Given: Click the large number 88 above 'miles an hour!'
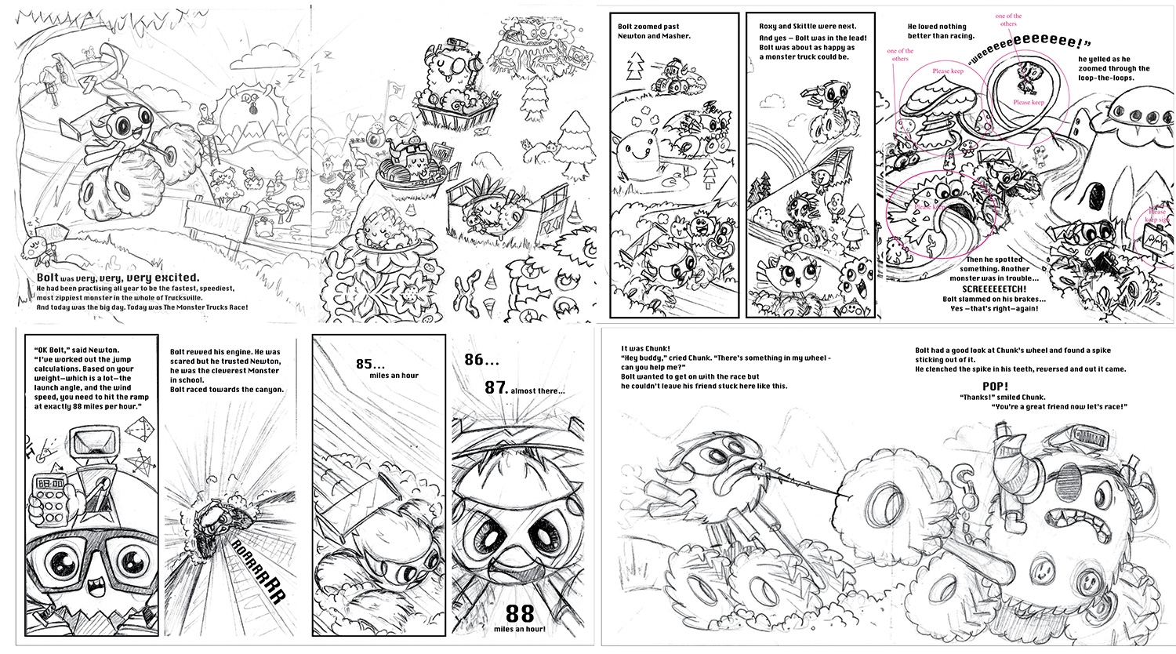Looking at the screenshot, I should tap(520, 614).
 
